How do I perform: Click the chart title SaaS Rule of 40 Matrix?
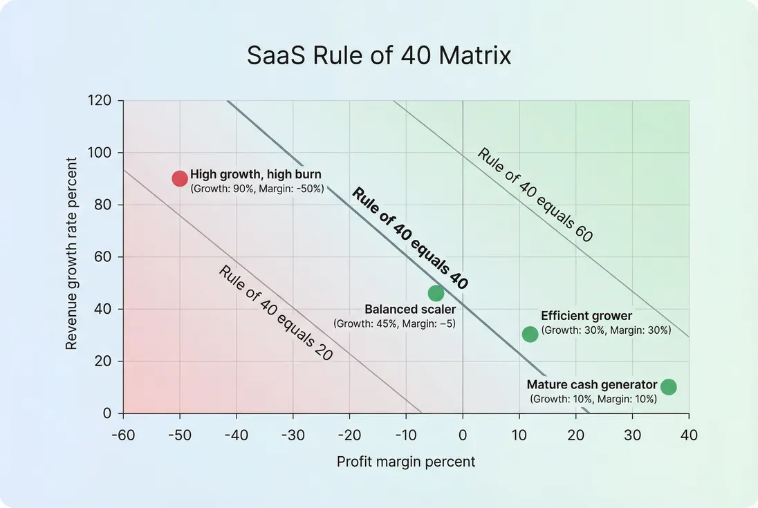coord(379,56)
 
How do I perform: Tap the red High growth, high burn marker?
coord(180,178)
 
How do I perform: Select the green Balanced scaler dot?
coord(436,293)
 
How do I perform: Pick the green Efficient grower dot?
coord(530,335)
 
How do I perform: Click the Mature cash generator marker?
coord(668,386)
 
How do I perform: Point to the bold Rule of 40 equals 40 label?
coord(410,238)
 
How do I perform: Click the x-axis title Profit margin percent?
coord(406,461)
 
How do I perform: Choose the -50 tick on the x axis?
coord(180,435)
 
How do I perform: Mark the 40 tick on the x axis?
coord(689,435)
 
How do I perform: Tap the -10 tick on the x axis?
coord(406,435)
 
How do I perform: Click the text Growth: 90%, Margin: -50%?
coord(257,188)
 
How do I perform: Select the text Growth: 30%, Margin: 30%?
coord(607,330)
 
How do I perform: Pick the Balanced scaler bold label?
coord(410,310)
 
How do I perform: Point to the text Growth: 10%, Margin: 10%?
coord(593,399)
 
